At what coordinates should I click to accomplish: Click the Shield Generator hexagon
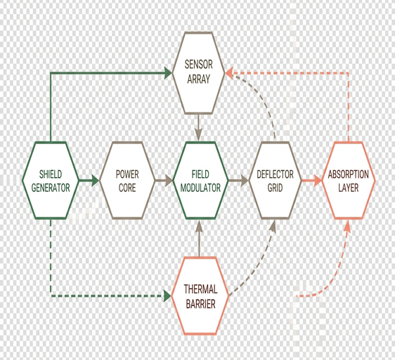point(51,180)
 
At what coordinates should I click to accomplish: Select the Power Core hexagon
point(127,180)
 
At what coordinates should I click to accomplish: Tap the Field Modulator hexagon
point(200,180)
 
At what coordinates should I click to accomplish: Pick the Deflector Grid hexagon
point(275,180)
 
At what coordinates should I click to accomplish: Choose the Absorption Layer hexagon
point(349,180)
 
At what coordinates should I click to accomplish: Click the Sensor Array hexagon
point(198,72)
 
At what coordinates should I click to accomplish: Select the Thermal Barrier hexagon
point(200,296)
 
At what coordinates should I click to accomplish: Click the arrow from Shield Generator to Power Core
point(89,180)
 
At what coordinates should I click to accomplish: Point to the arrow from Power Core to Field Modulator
point(164,180)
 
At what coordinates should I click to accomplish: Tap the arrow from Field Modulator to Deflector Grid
point(238,180)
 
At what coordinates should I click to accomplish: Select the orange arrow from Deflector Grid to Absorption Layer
point(312,180)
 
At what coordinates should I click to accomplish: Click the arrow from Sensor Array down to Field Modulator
point(198,127)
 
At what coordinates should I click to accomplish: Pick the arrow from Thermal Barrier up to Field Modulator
point(200,238)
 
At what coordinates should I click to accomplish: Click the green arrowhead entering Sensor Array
point(168,73)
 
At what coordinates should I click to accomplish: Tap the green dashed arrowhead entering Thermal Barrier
point(167,296)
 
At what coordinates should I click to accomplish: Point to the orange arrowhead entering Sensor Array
point(228,73)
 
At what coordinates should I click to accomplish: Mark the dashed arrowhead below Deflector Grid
point(273,226)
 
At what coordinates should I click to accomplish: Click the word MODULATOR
point(200,188)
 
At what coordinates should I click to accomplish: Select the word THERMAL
point(200,289)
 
